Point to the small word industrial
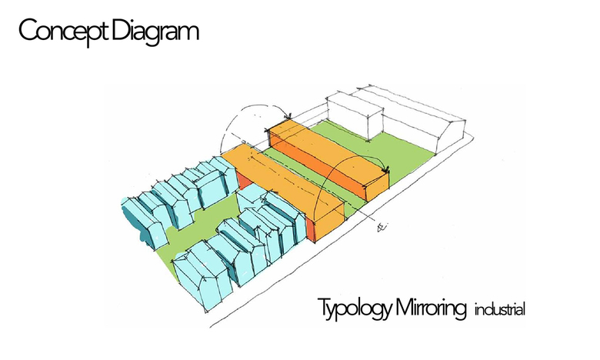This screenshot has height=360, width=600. (500, 311)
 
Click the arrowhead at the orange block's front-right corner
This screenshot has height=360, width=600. (387, 170)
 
